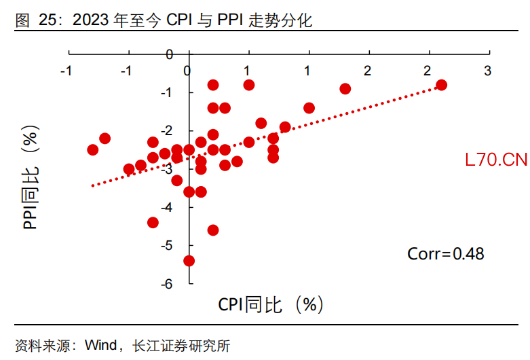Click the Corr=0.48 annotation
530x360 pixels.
445,254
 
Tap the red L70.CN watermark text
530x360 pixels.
496,160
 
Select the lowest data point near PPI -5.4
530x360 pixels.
189,261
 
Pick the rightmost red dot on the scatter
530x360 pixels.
441,85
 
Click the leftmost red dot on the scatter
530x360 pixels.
93,149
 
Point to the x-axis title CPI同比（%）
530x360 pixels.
270,305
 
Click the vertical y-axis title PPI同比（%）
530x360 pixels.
31,180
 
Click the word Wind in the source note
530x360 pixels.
100,346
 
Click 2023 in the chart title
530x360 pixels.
91,21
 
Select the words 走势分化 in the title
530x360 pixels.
288,21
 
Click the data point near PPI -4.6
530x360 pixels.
213,230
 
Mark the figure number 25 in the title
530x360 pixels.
47,21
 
